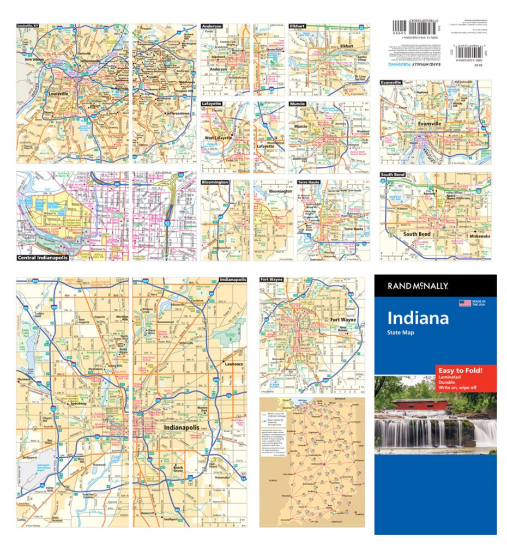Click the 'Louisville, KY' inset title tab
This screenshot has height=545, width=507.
coord(28,26)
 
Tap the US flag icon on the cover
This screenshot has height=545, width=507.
coord(464,303)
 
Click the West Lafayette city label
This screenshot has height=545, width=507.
coord(218,138)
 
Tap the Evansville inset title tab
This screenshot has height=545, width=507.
coord(391,82)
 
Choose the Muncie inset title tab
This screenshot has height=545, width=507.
coord(298,104)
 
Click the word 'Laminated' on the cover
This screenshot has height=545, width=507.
coord(448,378)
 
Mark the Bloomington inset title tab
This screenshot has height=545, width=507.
coord(215,183)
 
